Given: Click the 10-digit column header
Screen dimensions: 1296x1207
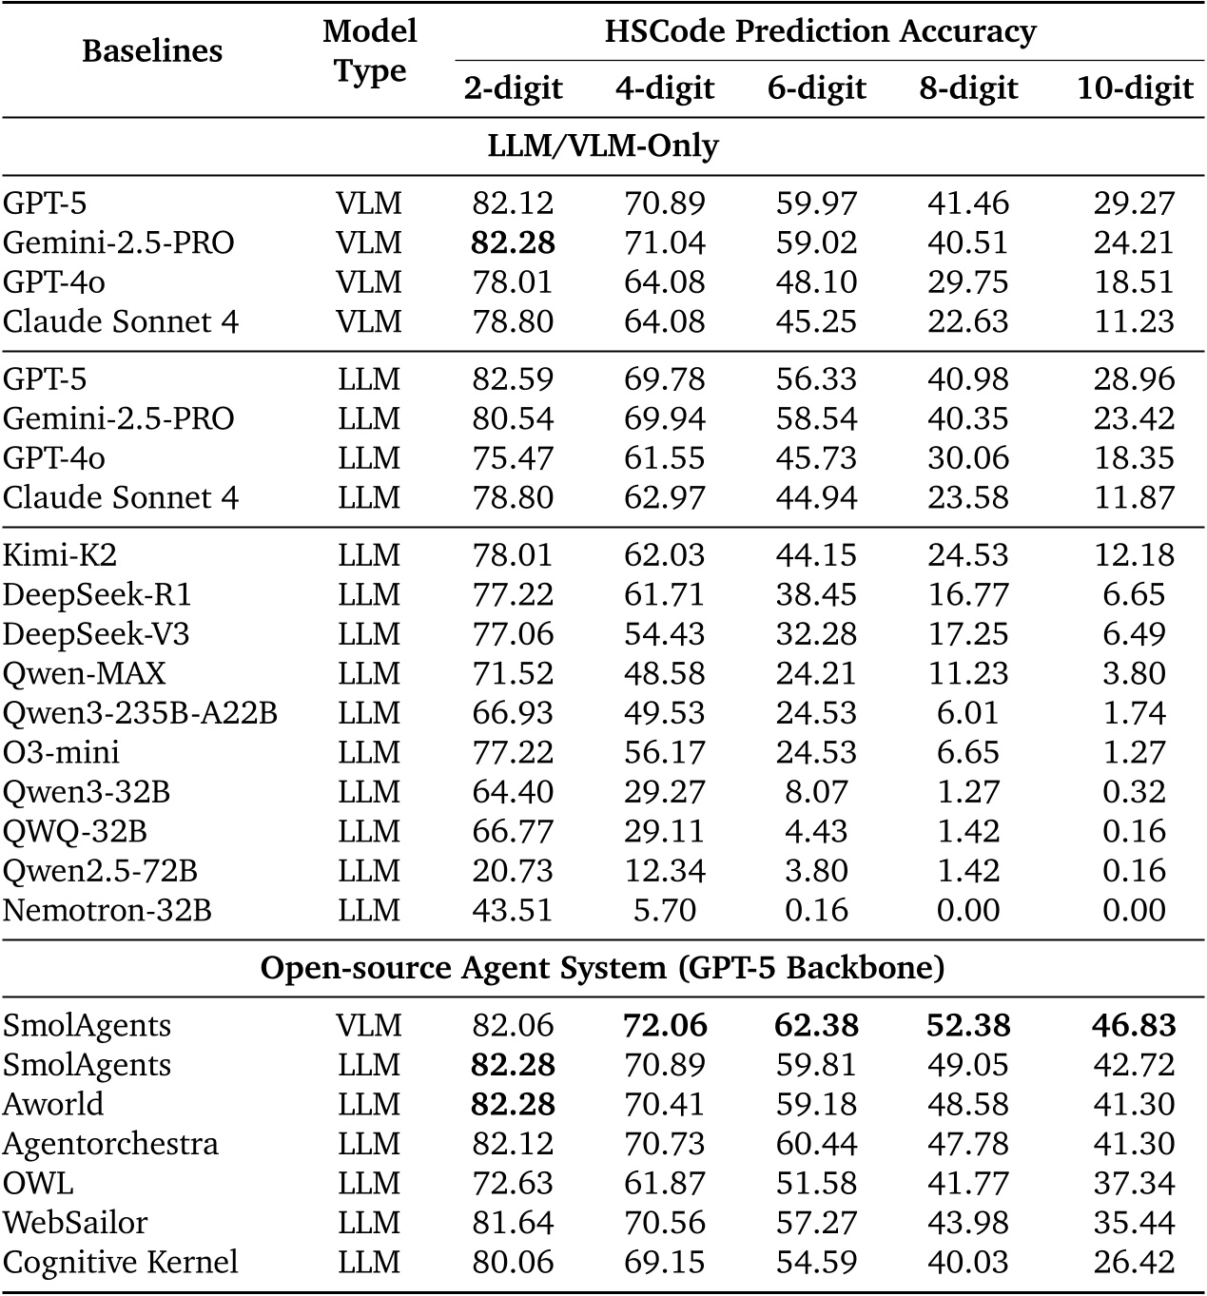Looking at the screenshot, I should [1134, 88].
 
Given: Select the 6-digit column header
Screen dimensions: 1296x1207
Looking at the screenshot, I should [816, 88].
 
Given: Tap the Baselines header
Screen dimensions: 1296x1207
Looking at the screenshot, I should [152, 50].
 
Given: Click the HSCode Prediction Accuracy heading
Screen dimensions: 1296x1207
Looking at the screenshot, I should [820, 31].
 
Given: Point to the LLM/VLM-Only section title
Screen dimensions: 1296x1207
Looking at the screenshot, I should [603, 145].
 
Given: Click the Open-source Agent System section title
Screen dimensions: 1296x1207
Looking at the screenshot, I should [603, 968].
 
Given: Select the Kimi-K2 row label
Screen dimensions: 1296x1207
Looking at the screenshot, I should [60, 555].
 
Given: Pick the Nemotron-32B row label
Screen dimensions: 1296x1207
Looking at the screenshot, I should [107, 911].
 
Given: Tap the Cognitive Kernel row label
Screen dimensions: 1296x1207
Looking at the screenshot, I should [120, 1263].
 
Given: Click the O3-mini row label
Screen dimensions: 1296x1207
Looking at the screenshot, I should [61, 753].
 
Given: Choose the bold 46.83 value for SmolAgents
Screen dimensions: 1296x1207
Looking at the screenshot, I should [1134, 1026].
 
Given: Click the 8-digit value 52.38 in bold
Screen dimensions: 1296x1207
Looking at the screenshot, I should [968, 1026].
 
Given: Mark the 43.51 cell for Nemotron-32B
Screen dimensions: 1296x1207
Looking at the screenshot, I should [513, 911].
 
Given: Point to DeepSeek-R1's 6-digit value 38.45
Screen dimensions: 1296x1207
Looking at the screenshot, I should [816, 595].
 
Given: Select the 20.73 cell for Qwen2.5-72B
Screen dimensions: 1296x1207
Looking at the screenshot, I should [513, 871].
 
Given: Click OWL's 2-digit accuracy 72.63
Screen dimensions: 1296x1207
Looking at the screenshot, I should [513, 1184].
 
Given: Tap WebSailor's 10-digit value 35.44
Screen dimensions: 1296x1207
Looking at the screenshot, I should [1134, 1224].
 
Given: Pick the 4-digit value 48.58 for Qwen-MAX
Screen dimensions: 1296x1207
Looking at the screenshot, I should [665, 674].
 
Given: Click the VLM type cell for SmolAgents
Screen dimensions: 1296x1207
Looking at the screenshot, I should [369, 1026].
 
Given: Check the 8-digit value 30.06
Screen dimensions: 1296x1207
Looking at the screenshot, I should [968, 458].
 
